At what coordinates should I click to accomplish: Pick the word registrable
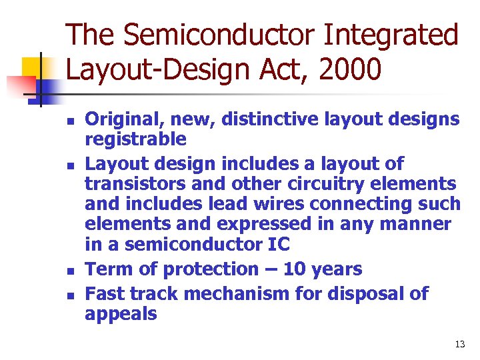[135, 139]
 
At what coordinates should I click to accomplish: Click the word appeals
[121, 313]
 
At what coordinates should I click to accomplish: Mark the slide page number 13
[459, 344]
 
